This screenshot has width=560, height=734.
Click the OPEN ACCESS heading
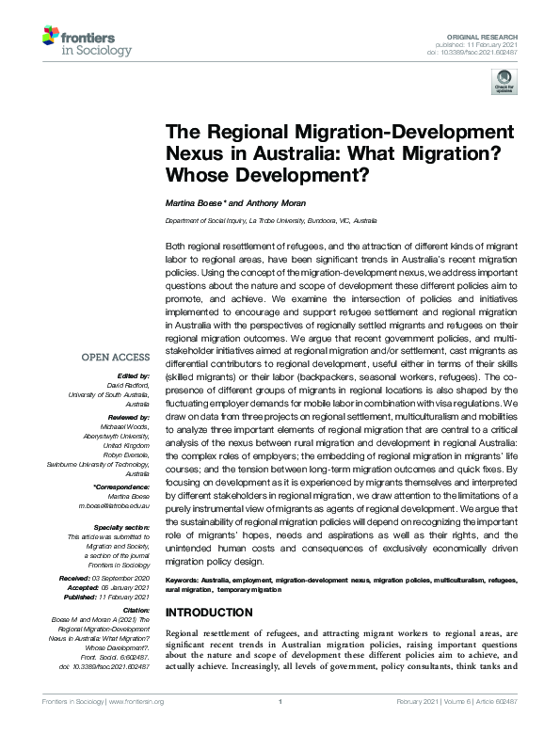115,357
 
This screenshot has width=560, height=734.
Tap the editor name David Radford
124,385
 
